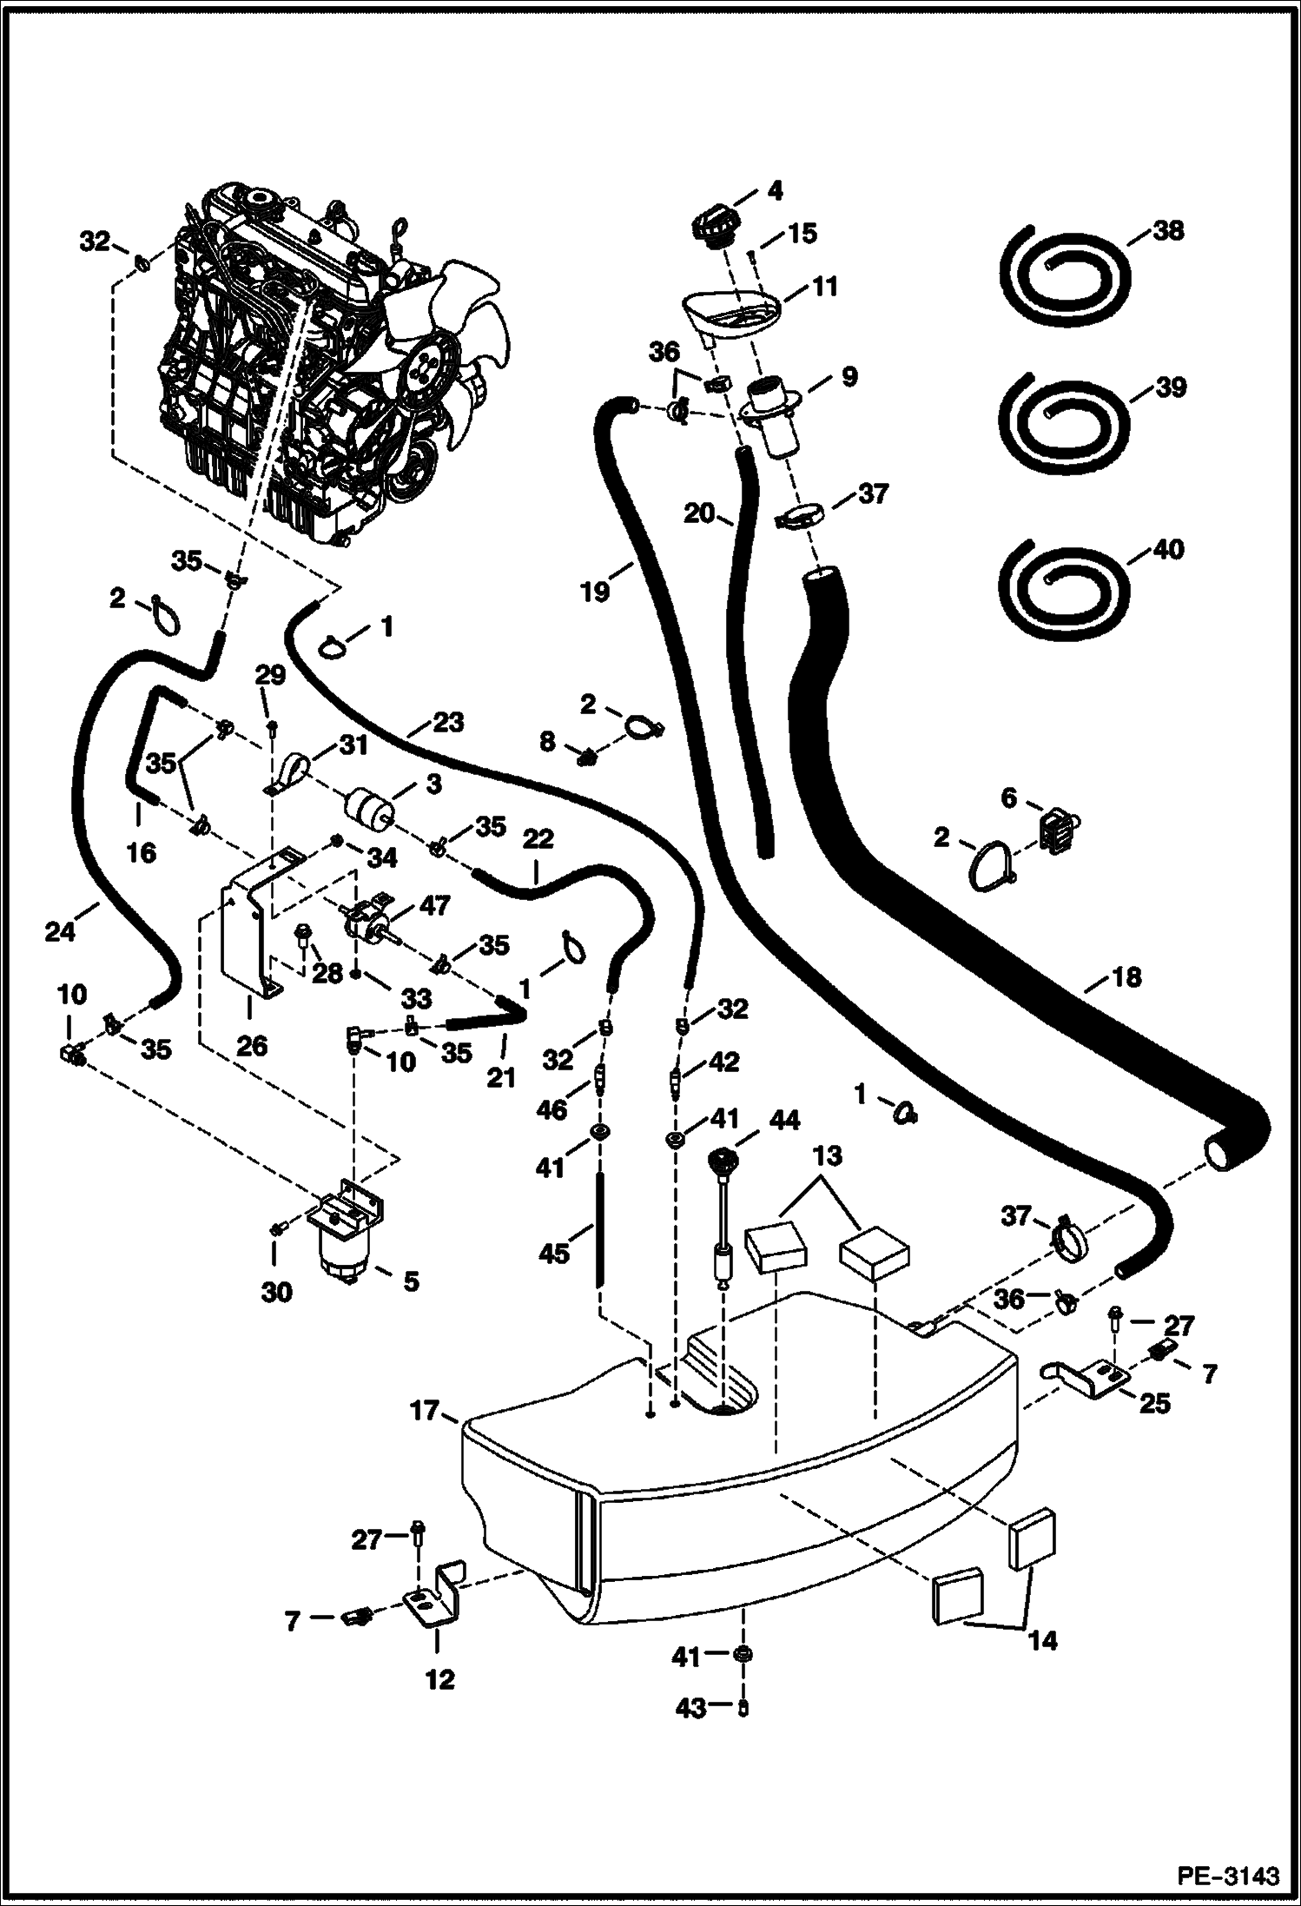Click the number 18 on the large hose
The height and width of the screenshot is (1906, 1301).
1126,976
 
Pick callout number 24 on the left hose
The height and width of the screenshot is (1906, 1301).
61,932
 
